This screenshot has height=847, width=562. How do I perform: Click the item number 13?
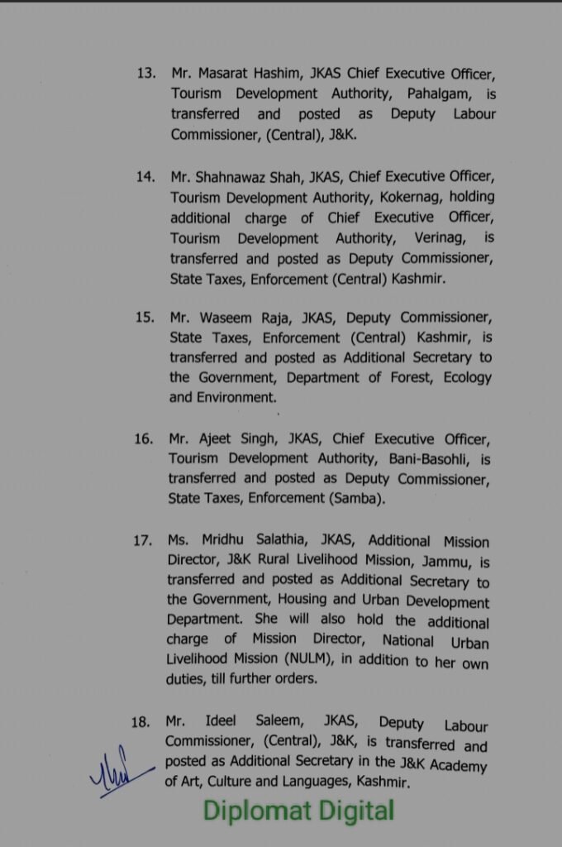click(146, 73)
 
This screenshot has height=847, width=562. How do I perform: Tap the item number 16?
click(143, 438)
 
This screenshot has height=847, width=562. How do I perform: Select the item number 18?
click(140, 722)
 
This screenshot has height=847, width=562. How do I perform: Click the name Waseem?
click(227, 318)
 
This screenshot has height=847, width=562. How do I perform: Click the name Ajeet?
click(219, 438)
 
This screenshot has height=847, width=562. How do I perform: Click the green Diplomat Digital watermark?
click(298, 811)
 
